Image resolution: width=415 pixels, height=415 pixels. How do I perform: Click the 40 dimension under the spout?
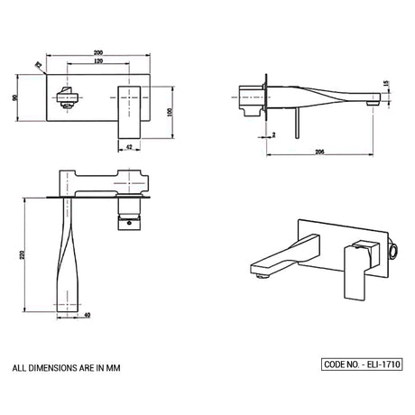coord(87,316)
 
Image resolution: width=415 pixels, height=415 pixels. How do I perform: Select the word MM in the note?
coord(114,368)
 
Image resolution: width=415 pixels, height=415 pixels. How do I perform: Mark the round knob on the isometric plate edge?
coord(393,252)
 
